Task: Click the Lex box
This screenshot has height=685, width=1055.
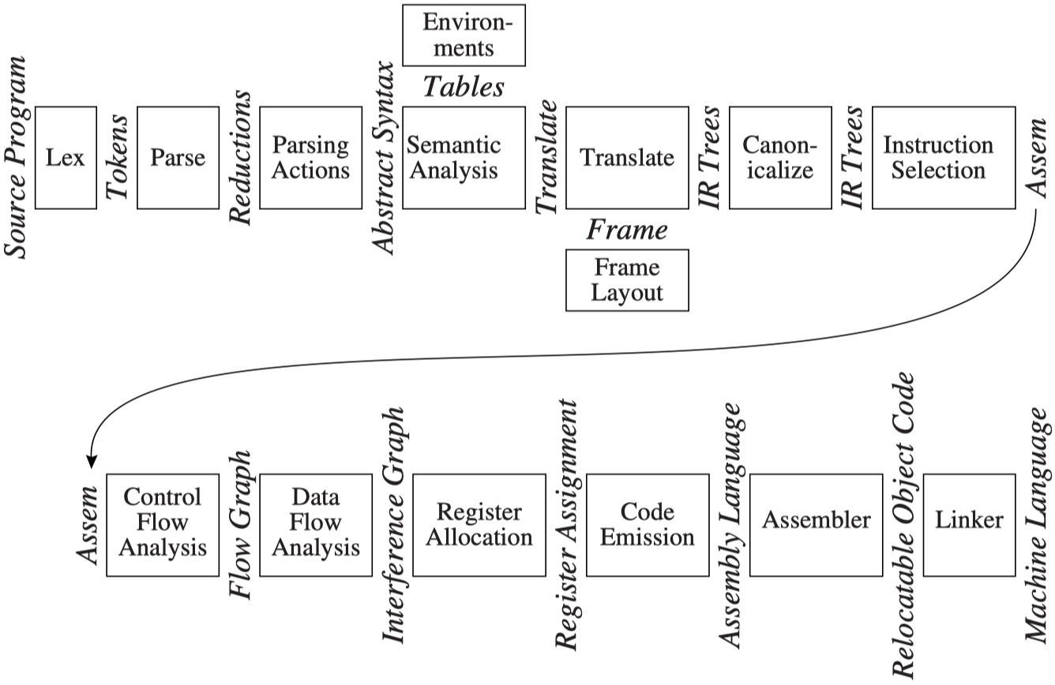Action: [x=66, y=157]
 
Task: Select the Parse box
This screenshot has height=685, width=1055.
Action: [x=177, y=157]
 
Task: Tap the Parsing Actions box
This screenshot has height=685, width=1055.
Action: [x=310, y=157]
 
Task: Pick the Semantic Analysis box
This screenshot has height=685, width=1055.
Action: [x=464, y=157]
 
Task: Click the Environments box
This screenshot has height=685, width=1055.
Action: [x=464, y=35]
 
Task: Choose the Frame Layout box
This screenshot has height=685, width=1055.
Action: [x=627, y=280]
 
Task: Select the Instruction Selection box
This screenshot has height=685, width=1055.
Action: [x=943, y=157]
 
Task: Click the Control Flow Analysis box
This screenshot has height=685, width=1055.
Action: [x=163, y=525]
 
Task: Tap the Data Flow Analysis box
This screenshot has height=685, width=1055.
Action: [x=315, y=525]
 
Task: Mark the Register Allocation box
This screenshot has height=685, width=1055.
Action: [x=479, y=525]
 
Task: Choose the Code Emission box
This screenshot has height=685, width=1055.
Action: [x=646, y=525]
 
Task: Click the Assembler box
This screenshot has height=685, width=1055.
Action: [x=816, y=525]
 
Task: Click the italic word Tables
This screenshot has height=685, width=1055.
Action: [x=464, y=86]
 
